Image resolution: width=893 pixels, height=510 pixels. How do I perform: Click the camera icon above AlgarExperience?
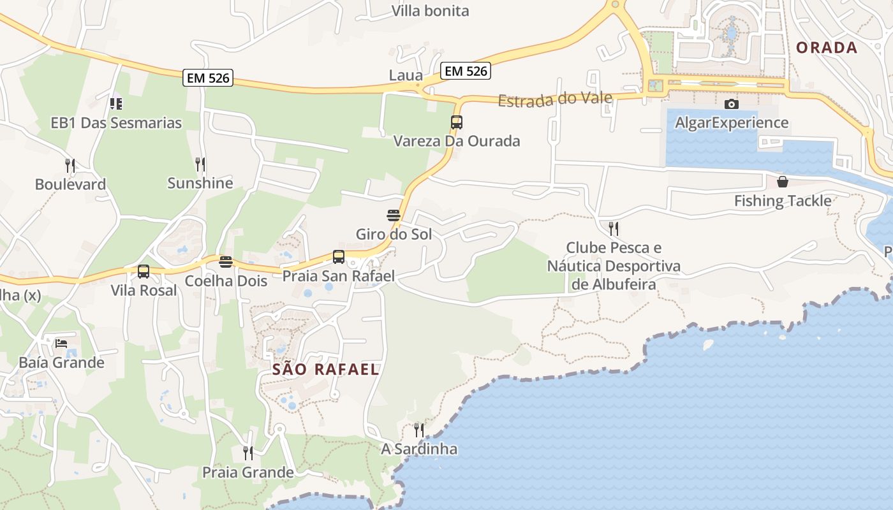(x=732, y=104)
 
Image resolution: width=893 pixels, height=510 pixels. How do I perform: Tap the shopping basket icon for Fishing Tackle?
(x=783, y=182)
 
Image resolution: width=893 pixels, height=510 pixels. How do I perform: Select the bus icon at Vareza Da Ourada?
(x=457, y=122)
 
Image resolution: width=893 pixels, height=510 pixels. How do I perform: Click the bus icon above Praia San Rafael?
(x=339, y=257)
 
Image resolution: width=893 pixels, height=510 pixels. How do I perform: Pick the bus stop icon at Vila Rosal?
(x=144, y=272)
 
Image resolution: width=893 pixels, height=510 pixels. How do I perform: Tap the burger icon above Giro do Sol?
(x=394, y=215)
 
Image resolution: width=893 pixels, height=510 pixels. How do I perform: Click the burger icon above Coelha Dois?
(x=226, y=261)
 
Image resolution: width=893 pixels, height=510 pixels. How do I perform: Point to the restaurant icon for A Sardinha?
(x=419, y=430)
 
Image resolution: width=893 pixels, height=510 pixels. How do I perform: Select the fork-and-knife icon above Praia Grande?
(x=248, y=453)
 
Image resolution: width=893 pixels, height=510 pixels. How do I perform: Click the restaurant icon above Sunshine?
(x=200, y=164)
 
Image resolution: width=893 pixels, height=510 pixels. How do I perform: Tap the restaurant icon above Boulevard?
(x=70, y=166)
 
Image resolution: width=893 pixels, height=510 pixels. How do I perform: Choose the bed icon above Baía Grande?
(x=61, y=344)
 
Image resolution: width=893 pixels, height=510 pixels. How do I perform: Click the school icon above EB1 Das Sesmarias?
(x=116, y=103)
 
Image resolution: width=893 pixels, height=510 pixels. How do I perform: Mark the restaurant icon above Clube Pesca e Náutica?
(x=614, y=228)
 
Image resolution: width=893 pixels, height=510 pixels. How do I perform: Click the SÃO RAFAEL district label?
(x=325, y=369)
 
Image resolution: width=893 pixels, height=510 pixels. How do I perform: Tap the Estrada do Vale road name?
(x=555, y=99)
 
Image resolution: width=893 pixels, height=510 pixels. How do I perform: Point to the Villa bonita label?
(x=430, y=11)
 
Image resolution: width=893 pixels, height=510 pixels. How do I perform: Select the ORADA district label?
(x=827, y=48)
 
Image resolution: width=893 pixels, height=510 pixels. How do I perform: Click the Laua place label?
(x=406, y=75)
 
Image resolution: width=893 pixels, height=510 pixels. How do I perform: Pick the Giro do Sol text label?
(x=394, y=234)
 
